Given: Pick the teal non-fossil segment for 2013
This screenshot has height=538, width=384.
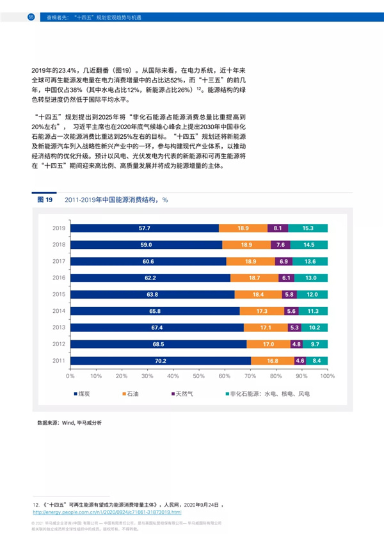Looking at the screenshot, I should (x=314, y=328).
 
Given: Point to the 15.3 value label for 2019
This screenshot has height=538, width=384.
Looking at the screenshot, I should (x=308, y=228).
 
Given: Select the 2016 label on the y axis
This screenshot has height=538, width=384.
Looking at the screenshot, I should (x=60, y=278).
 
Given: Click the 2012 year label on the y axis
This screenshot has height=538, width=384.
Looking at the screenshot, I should (x=60, y=344).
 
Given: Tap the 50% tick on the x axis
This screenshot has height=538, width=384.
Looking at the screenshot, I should (x=198, y=377).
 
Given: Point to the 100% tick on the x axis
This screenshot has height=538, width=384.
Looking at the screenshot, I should (x=327, y=377).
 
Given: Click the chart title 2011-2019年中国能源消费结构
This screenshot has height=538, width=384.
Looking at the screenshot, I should (x=115, y=200).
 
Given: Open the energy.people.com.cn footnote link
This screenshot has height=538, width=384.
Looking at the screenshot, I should (x=107, y=512).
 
